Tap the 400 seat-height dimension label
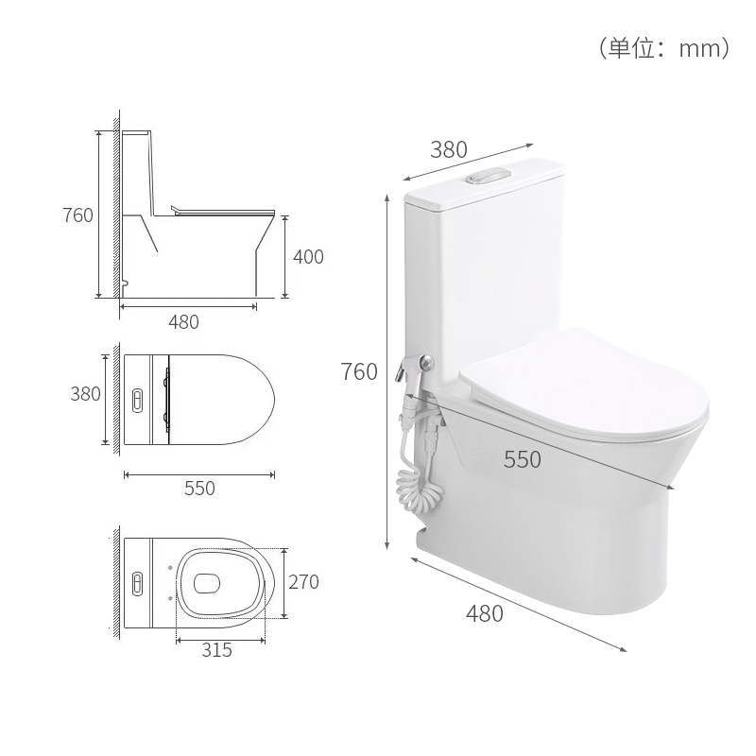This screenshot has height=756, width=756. pyautogui.click(x=308, y=256)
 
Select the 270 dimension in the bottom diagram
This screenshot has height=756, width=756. pyautogui.click(x=303, y=582)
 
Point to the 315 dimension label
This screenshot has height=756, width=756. pyautogui.click(x=216, y=650)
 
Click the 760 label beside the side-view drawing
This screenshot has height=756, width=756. pyautogui.click(x=77, y=215)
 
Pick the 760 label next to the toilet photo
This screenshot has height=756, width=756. pyautogui.click(x=359, y=371)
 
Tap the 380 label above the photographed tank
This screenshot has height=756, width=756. pyautogui.click(x=449, y=148)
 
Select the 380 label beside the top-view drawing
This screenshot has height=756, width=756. pyautogui.click(x=85, y=394)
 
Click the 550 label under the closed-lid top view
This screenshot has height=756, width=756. pyautogui.click(x=199, y=489)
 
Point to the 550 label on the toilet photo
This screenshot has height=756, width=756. pyautogui.click(x=522, y=459)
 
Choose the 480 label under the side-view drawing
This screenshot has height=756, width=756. pyautogui.click(x=183, y=321)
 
